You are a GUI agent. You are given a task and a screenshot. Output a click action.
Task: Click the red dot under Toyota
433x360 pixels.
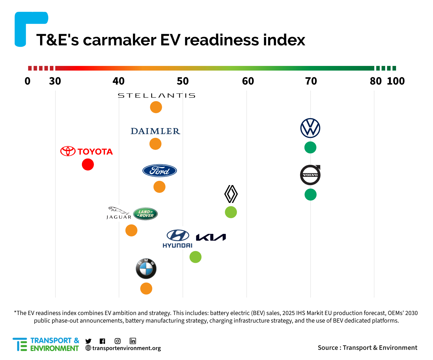[x=88, y=165]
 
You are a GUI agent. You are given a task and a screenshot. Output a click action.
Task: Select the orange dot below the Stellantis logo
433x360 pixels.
[x=156, y=107]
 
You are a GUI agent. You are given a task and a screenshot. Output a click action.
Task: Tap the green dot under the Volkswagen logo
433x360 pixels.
[x=310, y=148]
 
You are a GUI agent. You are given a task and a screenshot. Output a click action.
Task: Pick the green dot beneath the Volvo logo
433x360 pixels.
[x=310, y=195]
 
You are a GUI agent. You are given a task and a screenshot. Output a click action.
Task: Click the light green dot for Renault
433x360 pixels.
[x=231, y=212]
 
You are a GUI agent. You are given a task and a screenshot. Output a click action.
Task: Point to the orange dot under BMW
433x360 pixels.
[x=146, y=288]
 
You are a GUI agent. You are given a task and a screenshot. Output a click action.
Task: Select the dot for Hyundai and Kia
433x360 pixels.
[x=196, y=257]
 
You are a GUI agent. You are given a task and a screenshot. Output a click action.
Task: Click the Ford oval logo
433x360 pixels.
[x=160, y=171]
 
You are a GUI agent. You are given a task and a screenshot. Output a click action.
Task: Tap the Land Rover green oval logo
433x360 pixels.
[x=145, y=214]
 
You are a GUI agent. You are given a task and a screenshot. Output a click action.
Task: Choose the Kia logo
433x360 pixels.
[x=211, y=237]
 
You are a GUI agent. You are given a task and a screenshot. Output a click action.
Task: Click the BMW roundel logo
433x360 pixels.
[x=146, y=269]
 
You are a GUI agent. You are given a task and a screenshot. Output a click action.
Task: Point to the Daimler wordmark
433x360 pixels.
[x=155, y=131]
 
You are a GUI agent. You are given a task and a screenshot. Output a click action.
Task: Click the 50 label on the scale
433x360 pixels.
[x=183, y=81]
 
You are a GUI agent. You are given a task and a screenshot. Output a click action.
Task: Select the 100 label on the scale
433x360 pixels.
[x=396, y=81]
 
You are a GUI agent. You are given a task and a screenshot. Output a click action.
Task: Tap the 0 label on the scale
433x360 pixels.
[x=27, y=81]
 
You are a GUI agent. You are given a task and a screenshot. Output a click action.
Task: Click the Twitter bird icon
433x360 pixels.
[x=88, y=341]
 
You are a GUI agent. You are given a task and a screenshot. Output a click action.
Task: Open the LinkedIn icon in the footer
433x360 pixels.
[x=133, y=341]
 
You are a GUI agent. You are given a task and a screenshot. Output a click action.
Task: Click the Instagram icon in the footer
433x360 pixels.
[x=117, y=341]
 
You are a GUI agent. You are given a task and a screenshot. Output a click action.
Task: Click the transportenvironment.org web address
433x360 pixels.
[x=126, y=348]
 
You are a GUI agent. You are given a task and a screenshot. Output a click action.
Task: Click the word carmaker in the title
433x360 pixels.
[x=119, y=40]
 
